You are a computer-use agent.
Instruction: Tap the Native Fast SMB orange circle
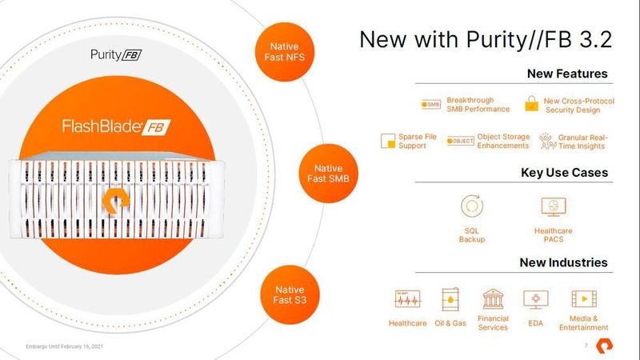[329, 174]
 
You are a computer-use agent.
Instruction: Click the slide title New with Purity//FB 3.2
[485, 40]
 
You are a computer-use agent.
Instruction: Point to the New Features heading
[566, 74]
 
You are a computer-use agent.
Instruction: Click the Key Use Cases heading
[563, 173]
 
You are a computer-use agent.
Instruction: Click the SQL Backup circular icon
[472, 206]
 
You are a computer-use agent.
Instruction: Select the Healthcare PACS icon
[554, 206]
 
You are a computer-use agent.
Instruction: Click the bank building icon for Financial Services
[493, 299]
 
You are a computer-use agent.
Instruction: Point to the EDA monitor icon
[535, 299]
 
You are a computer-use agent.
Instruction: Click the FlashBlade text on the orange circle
[108, 126]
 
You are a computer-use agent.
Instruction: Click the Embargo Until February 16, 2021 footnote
[63, 346]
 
